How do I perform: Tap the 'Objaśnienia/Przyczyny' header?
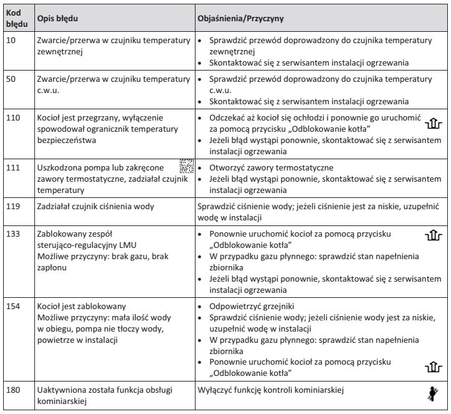point(240,19)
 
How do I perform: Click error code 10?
point(12,41)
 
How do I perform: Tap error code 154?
point(14,306)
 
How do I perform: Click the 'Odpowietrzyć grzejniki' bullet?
point(249,307)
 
